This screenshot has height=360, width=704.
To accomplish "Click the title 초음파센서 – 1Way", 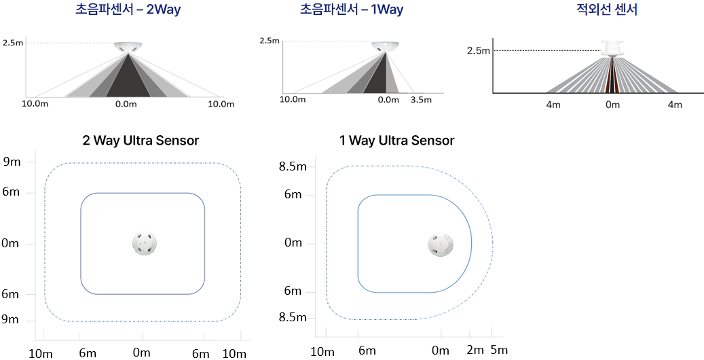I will (x=352, y=11).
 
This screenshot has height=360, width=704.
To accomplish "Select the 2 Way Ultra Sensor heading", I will (x=141, y=141).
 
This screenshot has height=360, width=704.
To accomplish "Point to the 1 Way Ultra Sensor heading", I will (x=396, y=141).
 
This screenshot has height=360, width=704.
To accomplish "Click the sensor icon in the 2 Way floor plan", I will (x=144, y=243).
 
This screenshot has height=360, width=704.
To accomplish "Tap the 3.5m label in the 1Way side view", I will (x=422, y=99).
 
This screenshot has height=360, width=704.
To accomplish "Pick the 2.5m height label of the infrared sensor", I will (x=478, y=50).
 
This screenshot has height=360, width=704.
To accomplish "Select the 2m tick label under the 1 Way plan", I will (x=475, y=350).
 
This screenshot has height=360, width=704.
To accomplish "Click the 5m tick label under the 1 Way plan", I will (x=499, y=350).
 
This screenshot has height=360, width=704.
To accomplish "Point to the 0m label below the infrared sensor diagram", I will (x=612, y=105).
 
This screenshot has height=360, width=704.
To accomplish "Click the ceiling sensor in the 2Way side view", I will (x=128, y=47).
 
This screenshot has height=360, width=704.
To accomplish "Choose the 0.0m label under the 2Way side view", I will (x=127, y=104).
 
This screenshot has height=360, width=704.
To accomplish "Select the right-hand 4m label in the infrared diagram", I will (x=674, y=105).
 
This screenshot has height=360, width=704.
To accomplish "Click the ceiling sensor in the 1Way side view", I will (x=385, y=46).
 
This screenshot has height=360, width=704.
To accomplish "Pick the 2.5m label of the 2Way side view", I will (x=13, y=43).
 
